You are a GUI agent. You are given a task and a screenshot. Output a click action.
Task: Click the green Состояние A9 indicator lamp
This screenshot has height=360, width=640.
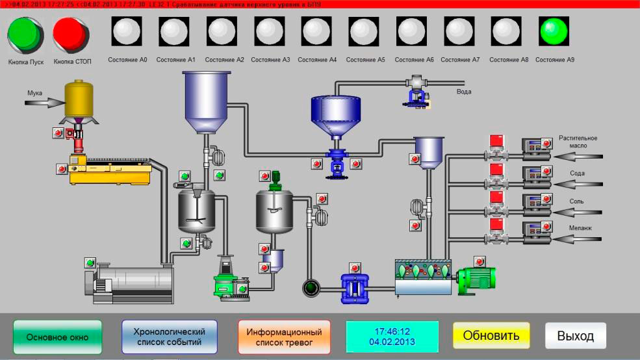[x=554, y=31]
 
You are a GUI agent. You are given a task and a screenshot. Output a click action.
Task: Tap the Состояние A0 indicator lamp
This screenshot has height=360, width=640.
[x=127, y=31]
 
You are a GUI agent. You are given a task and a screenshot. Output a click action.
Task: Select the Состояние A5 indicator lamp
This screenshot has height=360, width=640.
[x=365, y=31]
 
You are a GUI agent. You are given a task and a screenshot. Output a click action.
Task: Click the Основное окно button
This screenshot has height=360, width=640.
[x=57, y=337]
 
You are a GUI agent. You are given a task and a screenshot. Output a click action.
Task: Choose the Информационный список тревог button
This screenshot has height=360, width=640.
[x=284, y=337]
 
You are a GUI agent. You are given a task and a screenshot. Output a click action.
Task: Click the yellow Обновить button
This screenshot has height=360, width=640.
[x=491, y=336]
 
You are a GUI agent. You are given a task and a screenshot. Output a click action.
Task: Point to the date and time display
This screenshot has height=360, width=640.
[x=392, y=337]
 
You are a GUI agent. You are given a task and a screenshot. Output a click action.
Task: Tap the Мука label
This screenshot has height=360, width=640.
[x=34, y=93]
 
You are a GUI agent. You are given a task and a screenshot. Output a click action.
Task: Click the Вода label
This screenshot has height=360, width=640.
[x=464, y=92]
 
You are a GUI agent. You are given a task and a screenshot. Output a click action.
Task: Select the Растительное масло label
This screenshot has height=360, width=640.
[x=578, y=142]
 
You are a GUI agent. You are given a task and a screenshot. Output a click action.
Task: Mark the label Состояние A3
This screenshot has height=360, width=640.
[x=270, y=60]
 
